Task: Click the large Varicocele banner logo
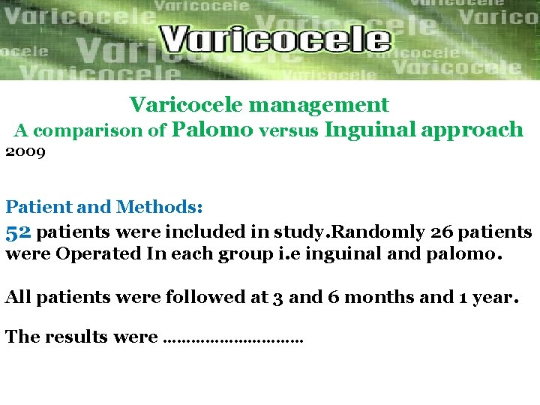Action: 276,39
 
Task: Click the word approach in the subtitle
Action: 472,130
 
